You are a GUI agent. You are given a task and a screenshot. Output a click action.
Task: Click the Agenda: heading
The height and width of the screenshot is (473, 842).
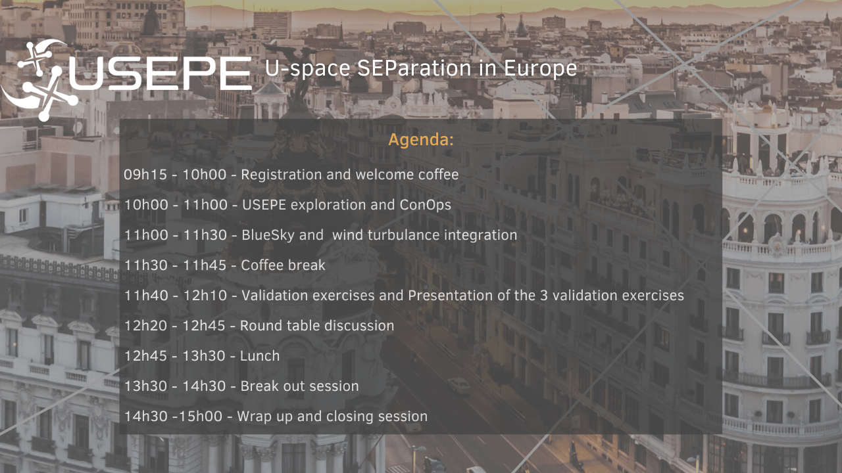point(421,140)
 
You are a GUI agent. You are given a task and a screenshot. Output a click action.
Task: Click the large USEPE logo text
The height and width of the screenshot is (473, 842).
point(160,74)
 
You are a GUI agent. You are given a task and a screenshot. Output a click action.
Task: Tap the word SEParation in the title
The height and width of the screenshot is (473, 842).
point(414,68)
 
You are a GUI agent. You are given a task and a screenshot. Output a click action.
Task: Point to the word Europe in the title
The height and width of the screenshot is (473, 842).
point(540,68)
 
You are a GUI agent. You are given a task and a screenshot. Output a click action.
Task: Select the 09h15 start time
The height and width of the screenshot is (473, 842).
point(145,175)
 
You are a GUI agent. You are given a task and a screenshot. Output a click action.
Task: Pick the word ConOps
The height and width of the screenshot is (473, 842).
point(425,205)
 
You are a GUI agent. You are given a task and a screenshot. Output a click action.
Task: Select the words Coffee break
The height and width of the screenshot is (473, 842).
point(283,265)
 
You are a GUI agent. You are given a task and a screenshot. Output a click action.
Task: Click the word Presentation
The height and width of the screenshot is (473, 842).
point(451,296)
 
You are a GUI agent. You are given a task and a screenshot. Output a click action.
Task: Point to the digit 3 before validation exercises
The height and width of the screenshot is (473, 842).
point(543,296)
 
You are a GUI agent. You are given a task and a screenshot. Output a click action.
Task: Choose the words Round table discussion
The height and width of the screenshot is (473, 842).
point(317,325)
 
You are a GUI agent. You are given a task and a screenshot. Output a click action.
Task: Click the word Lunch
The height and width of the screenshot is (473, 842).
point(260,356)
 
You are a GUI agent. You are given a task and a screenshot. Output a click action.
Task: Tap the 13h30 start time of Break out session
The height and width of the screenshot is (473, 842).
point(146,386)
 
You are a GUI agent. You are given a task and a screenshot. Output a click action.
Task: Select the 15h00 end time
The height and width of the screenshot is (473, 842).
point(200,417)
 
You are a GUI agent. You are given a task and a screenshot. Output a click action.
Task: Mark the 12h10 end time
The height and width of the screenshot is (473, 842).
point(205,296)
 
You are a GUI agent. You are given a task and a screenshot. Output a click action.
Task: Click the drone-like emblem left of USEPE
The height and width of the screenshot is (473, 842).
point(39,80)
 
